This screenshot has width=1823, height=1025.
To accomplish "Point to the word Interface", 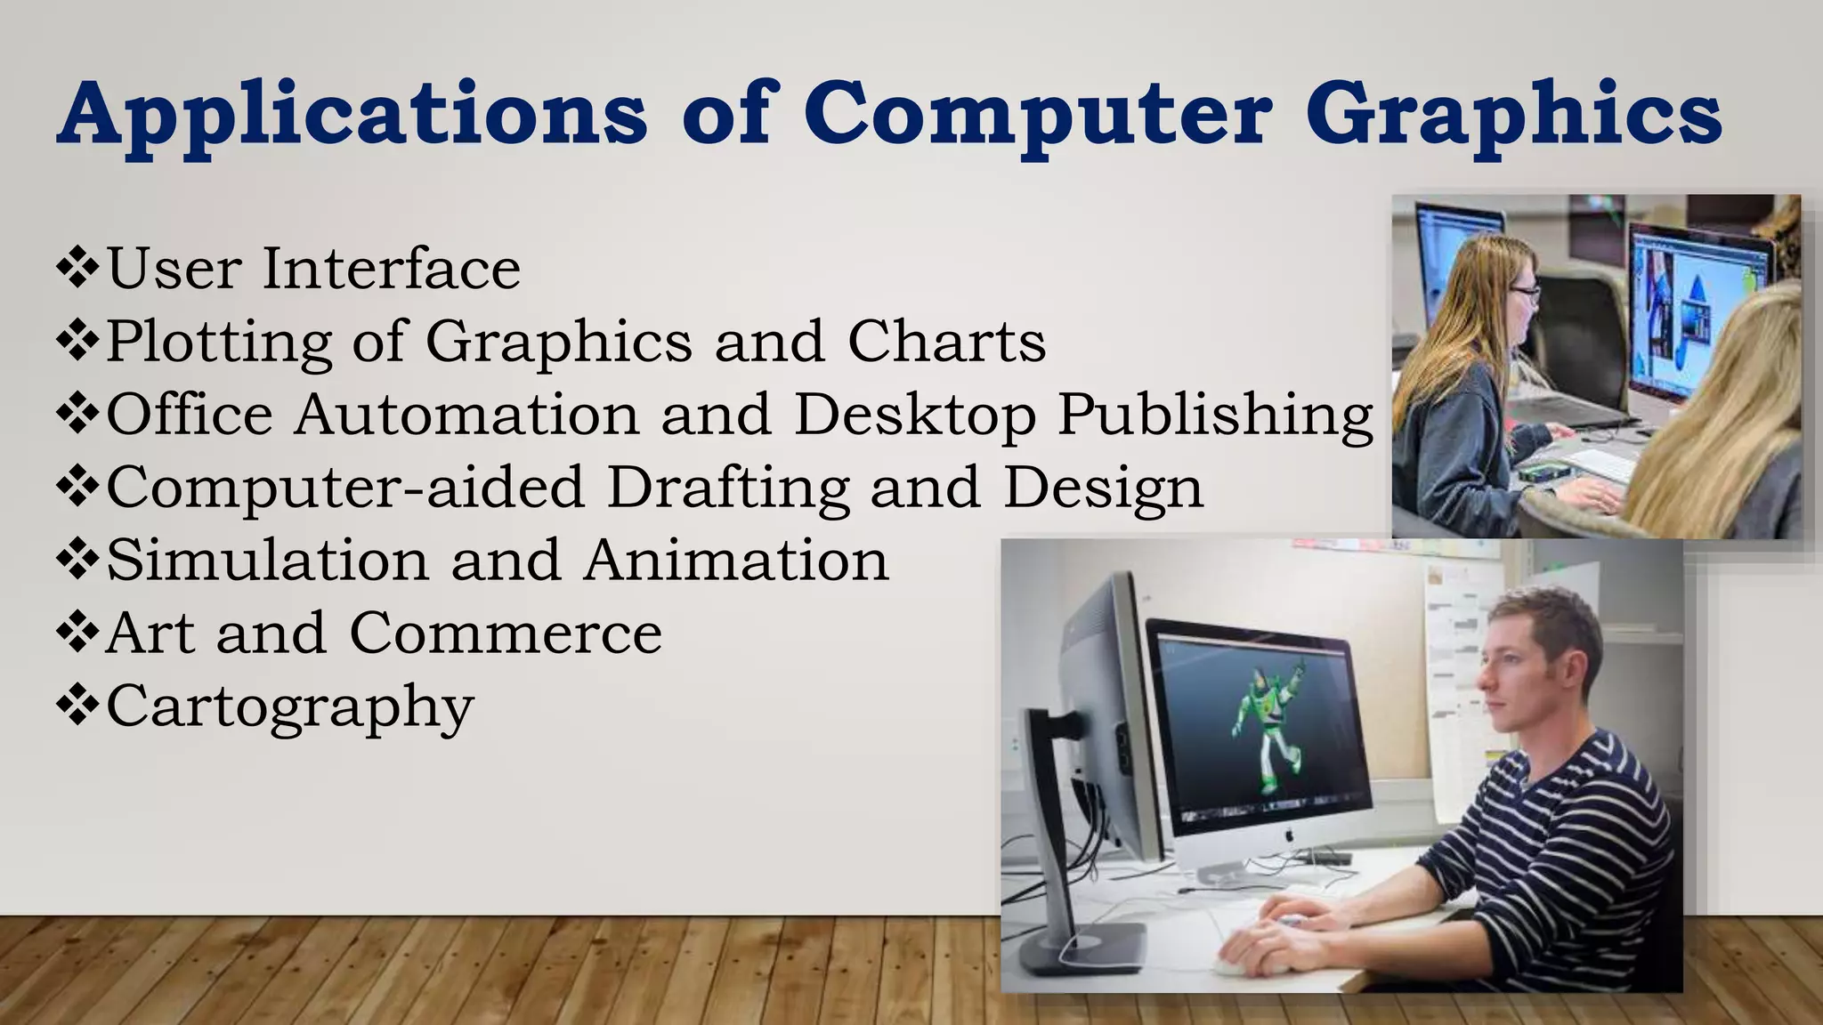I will [391, 269].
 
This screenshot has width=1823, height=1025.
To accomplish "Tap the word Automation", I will [466, 415].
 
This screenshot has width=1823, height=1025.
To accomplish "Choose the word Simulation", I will [268, 561].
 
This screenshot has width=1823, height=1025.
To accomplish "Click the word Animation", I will [736, 561].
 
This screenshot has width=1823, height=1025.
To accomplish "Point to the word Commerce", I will [506, 634].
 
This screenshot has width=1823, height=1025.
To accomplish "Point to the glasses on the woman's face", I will [1524, 291].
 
